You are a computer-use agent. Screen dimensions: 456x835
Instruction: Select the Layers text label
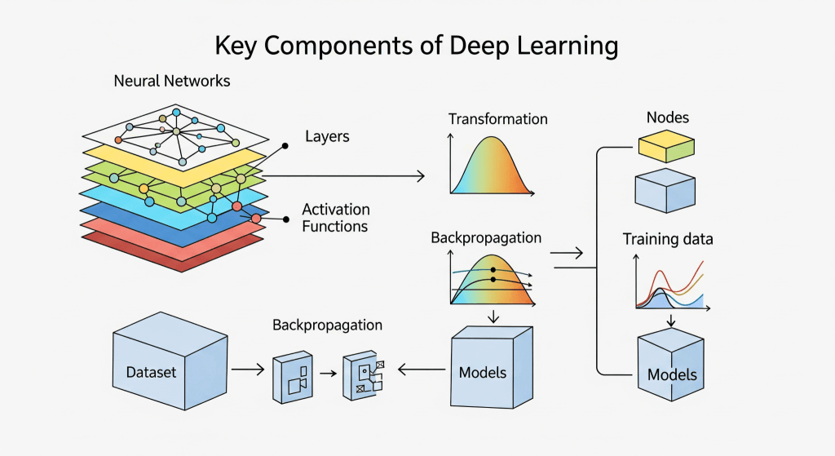327,136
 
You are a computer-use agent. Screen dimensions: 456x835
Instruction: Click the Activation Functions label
335,218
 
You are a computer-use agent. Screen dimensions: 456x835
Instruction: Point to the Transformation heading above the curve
497,119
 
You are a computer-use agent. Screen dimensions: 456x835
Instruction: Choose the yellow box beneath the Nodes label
665,147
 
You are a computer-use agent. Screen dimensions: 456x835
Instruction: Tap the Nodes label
667,117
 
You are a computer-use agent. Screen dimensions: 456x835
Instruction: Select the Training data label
668,239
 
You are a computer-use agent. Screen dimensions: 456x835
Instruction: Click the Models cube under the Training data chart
670,364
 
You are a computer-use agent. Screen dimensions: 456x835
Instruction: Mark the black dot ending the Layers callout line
285,146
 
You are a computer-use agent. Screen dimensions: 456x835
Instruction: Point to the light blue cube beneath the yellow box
664,190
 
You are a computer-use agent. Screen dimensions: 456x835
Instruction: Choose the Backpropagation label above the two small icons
327,325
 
